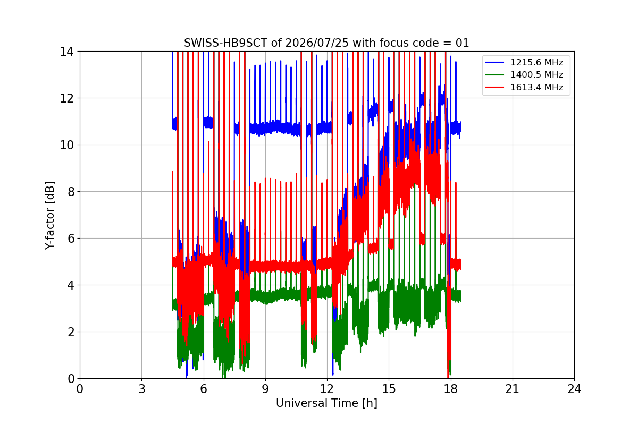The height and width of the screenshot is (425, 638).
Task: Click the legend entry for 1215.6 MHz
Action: point(536,62)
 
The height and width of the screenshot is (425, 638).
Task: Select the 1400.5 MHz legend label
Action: point(536,74)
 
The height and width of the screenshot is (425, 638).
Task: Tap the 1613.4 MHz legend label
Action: point(536,87)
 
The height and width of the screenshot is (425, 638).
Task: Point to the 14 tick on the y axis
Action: point(66,52)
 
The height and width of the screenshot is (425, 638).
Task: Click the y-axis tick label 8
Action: point(71,192)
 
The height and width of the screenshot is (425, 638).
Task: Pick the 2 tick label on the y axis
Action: point(71,332)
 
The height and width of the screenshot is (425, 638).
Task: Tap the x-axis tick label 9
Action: point(265,389)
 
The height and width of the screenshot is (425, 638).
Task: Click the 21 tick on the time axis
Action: point(513,389)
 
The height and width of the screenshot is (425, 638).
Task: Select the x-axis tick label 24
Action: point(574,389)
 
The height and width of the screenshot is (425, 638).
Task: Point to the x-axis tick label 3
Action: point(141,389)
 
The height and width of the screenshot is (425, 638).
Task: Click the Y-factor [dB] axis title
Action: point(49,215)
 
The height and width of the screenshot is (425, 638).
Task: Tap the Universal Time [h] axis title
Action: point(326,403)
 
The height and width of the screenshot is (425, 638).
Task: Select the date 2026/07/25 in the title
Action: point(317,43)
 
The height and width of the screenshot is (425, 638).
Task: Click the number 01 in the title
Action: point(462,43)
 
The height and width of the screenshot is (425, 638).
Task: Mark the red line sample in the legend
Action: point(494,87)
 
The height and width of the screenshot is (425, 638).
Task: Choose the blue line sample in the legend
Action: point(494,62)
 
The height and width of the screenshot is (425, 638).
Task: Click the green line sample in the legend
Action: point(494,74)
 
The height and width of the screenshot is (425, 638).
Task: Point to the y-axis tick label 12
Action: point(66,98)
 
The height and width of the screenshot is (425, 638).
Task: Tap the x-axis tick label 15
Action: point(389,389)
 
